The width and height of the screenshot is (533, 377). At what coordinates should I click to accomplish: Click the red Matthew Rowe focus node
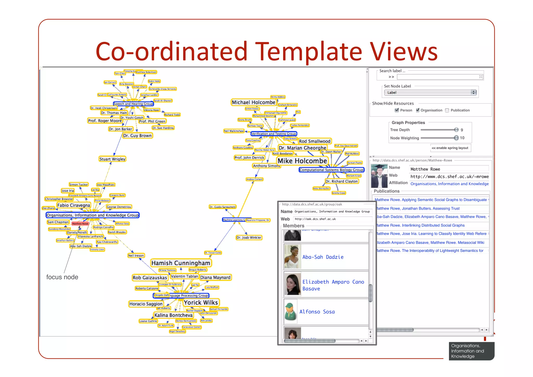[x=80, y=224]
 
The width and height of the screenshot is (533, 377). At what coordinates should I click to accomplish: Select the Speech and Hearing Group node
[x=133, y=104]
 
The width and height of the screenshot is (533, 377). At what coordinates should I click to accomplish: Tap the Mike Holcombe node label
[x=302, y=161]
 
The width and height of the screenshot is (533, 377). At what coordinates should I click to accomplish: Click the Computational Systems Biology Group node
[x=331, y=170]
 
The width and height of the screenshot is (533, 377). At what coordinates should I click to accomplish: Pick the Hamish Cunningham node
[x=181, y=263]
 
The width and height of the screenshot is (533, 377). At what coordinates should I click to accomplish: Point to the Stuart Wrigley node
[x=112, y=159]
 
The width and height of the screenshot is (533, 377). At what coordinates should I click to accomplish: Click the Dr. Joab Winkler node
[x=249, y=237]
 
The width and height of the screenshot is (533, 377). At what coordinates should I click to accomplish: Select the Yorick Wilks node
[x=201, y=302]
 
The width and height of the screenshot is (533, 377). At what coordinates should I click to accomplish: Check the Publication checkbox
[x=447, y=110]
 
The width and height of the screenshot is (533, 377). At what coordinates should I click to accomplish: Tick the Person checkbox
[x=397, y=110]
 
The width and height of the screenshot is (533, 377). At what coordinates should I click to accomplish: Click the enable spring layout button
[x=450, y=148]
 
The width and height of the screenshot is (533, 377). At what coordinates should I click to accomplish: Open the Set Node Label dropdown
[x=430, y=92]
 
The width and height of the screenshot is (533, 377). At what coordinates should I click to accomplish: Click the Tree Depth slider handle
[x=456, y=130]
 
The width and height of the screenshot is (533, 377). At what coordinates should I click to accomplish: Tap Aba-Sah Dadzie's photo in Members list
[x=293, y=257]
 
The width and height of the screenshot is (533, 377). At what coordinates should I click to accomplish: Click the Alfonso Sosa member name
[x=317, y=312]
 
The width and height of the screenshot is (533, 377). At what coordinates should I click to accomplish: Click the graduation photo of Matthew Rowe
[x=379, y=176]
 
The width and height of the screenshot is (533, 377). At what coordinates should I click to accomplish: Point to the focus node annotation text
[x=62, y=277]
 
